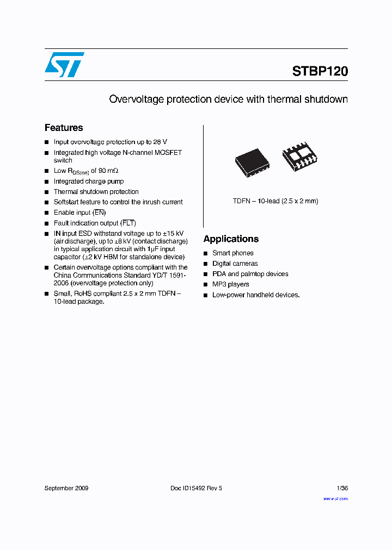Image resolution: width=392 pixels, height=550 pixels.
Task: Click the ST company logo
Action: click(64, 65)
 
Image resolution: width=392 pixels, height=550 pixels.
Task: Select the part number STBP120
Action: click(320, 71)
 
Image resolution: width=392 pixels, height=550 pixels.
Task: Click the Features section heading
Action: click(64, 128)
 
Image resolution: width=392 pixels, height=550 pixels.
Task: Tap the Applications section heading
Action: click(231, 239)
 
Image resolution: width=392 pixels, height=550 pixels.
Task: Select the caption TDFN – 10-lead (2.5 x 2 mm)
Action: click(275, 201)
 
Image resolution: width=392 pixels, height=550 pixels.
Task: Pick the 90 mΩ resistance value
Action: click(108, 171)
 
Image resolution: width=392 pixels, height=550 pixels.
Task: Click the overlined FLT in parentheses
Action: click(128, 223)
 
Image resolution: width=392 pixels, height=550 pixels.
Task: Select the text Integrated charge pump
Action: click(89, 182)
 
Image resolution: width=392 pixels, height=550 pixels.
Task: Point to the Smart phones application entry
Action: click(232, 253)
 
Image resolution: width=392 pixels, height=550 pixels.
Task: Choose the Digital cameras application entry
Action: click(235, 264)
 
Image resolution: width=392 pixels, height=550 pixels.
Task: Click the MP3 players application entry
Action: click(230, 284)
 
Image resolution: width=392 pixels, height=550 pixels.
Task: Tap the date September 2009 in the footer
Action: click(66, 488)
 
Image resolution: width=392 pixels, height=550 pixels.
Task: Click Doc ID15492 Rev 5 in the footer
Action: click(196, 488)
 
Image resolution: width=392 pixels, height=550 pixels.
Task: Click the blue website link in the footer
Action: click(335, 498)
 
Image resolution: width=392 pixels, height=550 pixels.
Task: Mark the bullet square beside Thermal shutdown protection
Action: click(47, 192)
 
